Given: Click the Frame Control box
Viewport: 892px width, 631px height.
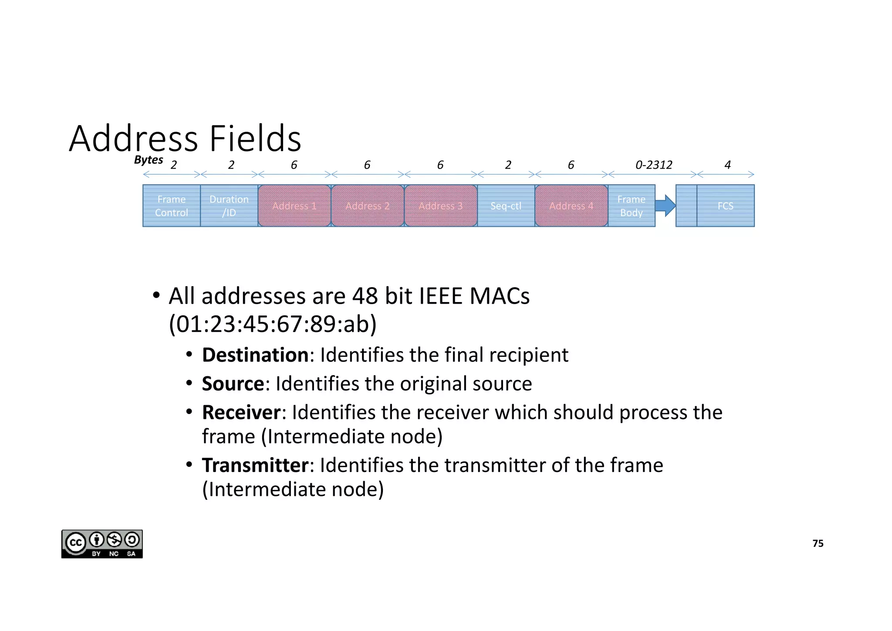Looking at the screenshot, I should [x=172, y=206].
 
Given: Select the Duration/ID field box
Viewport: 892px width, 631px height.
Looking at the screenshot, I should [x=229, y=206].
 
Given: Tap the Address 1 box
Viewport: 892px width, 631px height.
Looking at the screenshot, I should [x=294, y=206].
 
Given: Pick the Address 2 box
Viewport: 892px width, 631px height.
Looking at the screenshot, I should [x=368, y=206].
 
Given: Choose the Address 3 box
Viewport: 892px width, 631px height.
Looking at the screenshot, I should [x=441, y=206].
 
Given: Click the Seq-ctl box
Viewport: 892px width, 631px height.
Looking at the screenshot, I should [x=506, y=206].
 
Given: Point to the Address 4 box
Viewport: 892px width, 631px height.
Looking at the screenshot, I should [x=571, y=206].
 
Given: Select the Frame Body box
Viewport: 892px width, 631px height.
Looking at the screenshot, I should [x=632, y=206].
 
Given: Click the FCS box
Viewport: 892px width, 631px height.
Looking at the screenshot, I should [x=726, y=206].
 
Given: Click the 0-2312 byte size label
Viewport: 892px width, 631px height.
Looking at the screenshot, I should [x=654, y=165].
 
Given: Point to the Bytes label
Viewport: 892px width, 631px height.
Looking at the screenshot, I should [x=149, y=160].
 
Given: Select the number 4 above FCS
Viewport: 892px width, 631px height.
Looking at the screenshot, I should [x=727, y=165].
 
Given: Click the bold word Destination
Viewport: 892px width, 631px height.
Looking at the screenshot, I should [x=255, y=355].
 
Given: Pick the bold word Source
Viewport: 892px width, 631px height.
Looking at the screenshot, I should [x=233, y=384].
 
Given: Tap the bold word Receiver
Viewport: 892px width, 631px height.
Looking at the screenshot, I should [x=241, y=413].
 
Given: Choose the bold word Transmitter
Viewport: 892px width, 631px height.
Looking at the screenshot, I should [x=255, y=465].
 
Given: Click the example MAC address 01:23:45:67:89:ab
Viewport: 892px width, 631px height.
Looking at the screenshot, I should [x=273, y=324].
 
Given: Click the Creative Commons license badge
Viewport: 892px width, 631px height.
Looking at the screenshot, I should [x=102, y=544].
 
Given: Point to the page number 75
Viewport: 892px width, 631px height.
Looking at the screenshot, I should [x=818, y=543].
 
